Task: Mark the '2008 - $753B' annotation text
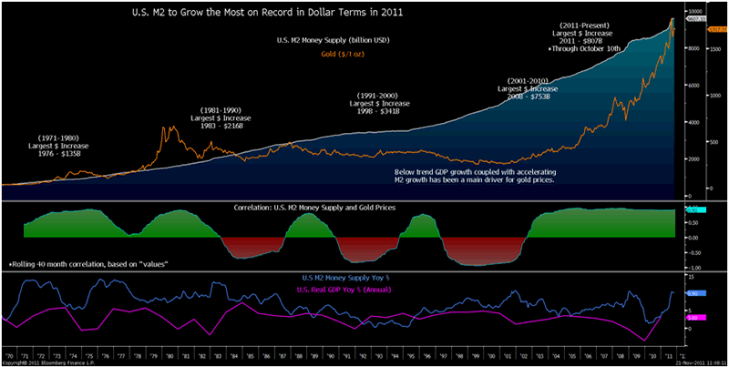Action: point(527,95)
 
